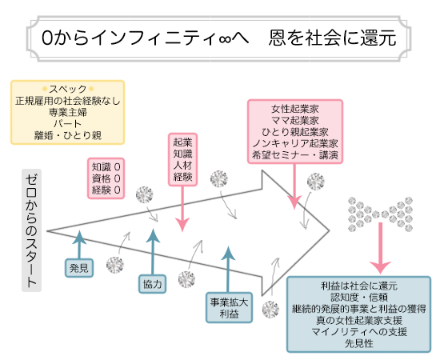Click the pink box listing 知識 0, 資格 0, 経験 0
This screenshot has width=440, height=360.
pos(106,178)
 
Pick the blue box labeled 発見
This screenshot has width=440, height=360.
pos(79,266)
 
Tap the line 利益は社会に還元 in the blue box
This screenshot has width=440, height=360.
pos(359,286)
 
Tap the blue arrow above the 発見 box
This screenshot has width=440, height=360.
pos(78,242)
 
